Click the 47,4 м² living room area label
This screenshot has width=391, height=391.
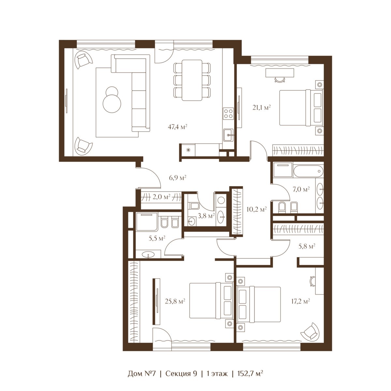[x=177, y=127]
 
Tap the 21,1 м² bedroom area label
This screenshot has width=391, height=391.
[x=262, y=107]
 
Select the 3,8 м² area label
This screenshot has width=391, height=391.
[x=206, y=216]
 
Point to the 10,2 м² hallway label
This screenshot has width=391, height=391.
[x=256, y=209]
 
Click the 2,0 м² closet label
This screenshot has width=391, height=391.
[x=161, y=196]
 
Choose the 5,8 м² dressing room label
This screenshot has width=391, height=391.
[x=307, y=246]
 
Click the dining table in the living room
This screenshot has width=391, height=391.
[x=192, y=80]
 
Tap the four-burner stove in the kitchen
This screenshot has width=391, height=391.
[x=228, y=113]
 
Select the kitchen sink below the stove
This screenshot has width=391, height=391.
[x=228, y=135]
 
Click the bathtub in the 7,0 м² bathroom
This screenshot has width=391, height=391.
[x=308, y=171]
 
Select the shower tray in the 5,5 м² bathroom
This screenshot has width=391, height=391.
[x=147, y=222]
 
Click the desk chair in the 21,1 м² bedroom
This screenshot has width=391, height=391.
[x=280, y=79]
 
